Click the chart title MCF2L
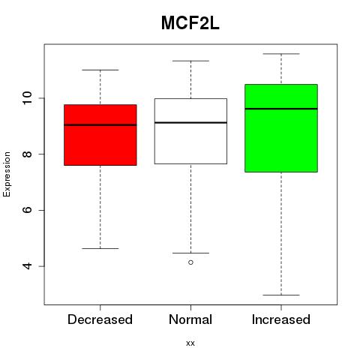[x=190, y=23]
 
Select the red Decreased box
[x=100, y=135]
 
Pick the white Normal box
[x=190, y=131]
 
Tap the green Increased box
[x=281, y=128]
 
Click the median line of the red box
[x=100, y=125]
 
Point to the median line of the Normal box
[x=190, y=122]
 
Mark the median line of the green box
[x=281, y=109]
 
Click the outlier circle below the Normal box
[x=190, y=262]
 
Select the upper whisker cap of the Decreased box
[x=100, y=70]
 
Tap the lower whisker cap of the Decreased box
[x=100, y=248]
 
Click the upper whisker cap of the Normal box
[x=190, y=61]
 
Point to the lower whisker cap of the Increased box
[x=281, y=295]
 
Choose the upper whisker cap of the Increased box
[x=281, y=54]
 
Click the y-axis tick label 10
[x=28, y=98]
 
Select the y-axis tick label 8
[x=28, y=154]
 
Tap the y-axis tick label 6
[x=28, y=210]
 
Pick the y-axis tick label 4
[x=28, y=266]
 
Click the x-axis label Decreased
[x=100, y=319]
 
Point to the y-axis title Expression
[x=7, y=174]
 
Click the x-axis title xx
[x=190, y=343]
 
